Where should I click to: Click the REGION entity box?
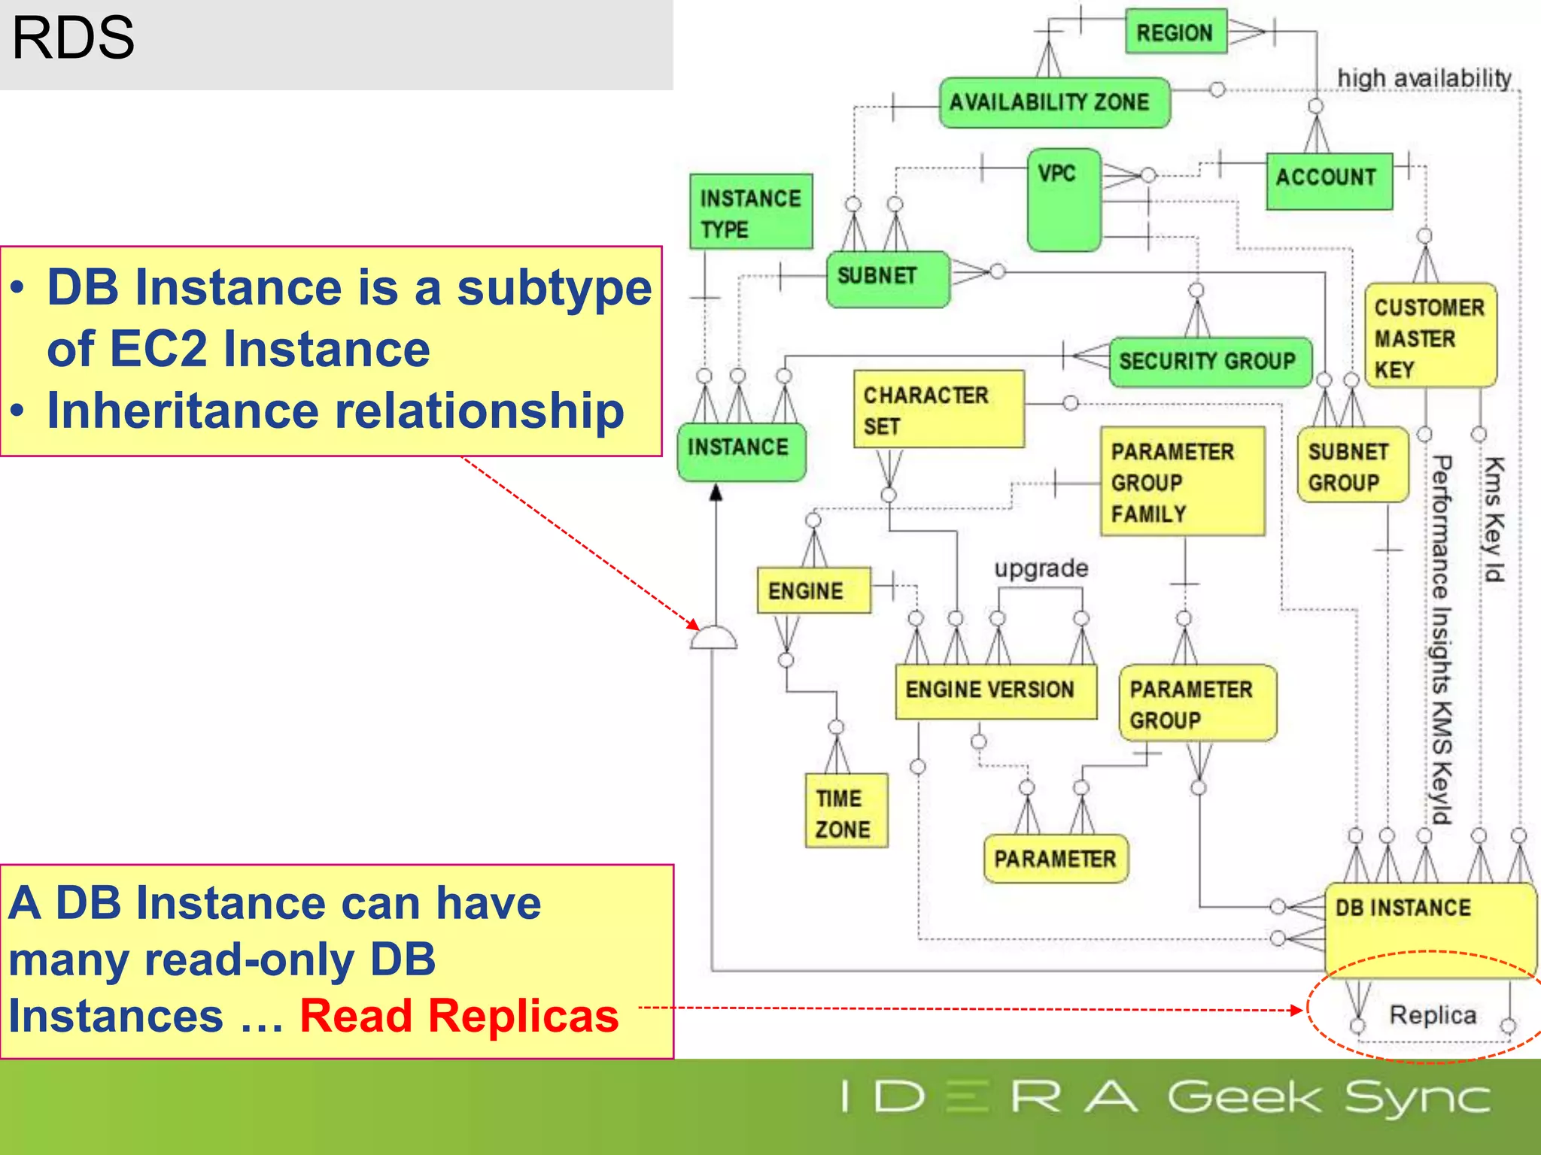1175,32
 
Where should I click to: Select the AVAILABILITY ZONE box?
1054,102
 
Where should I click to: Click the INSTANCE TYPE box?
750,212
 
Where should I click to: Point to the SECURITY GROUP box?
1210,362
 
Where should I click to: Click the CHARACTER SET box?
938,409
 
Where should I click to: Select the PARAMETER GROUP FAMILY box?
1182,481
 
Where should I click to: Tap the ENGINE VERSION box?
995,690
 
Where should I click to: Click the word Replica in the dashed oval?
1433,1015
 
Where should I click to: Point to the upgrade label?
1041,568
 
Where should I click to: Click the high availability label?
1424,78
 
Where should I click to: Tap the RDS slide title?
73,39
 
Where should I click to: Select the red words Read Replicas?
459,1016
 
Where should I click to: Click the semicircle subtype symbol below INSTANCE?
713,637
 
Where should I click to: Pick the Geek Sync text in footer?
1329,1098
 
